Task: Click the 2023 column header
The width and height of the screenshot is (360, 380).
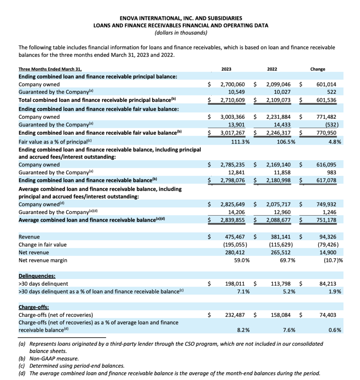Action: [226, 69]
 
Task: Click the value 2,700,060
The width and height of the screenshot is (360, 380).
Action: [232, 84]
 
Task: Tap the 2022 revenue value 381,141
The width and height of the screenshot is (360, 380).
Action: [278, 236]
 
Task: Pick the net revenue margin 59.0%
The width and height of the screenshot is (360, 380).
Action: [241, 260]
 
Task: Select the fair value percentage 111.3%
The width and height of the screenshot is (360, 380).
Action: [239, 141]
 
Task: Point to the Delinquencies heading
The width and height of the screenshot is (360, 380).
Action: [36, 276]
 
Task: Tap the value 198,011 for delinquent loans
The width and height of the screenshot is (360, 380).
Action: [236, 284]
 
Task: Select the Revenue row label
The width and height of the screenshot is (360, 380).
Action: [29, 236]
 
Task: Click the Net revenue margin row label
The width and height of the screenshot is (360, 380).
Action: [43, 260]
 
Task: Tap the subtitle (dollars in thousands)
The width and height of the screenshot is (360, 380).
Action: [180, 33]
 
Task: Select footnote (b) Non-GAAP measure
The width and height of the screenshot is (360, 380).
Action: [49, 358]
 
